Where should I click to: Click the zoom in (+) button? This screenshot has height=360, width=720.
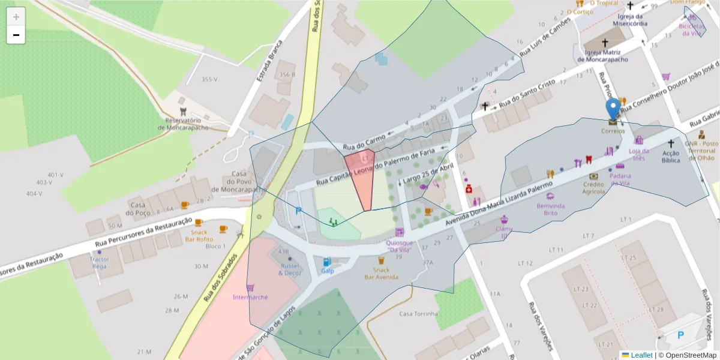point(16,17)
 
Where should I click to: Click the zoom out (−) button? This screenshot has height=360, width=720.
point(16,35)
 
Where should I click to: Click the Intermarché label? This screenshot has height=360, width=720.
point(250,297)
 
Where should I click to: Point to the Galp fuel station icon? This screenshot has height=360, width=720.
point(327,262)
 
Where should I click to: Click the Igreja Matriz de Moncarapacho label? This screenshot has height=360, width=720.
point(602,56)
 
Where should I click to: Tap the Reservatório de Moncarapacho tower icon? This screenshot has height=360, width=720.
point(184,111)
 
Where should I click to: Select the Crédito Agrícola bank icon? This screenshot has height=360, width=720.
point(594,176)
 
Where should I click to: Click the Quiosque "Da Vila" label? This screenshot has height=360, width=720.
point(399,246)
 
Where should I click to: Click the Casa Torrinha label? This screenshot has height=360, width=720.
point(418,314)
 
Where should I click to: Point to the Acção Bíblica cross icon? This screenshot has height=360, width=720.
point(671,143)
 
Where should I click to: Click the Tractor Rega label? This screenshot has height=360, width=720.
point(99,263)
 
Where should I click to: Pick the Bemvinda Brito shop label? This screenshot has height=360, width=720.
point(550,209)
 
